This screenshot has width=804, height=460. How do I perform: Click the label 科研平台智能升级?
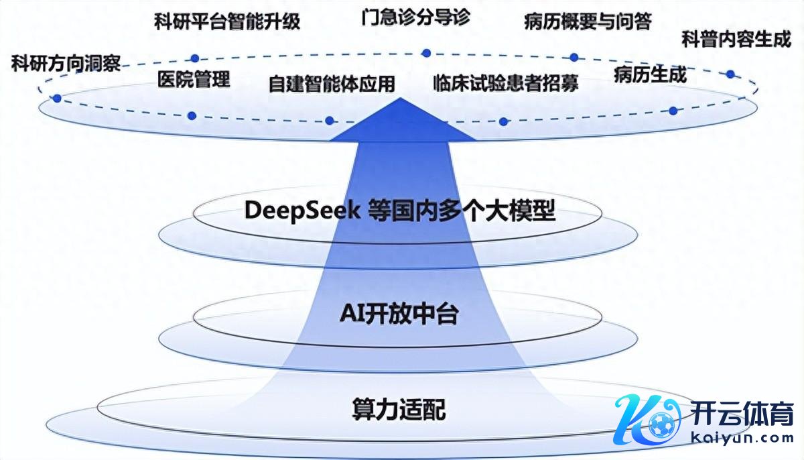(x=226, y=22)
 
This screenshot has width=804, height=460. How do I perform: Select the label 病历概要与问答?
(x=588, y=21)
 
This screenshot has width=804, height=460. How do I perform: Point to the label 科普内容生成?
(x=736, y=40)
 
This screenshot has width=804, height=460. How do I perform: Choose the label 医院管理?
(x=194, y=80)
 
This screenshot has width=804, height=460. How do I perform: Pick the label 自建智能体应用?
(x=332, y=84)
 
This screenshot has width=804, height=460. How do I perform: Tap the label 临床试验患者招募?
(x=505, y=83)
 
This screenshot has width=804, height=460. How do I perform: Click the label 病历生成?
(x=650, y=75)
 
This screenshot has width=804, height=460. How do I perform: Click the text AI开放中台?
(x=399, y=313)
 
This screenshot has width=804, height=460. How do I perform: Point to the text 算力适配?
(x=399, y=409)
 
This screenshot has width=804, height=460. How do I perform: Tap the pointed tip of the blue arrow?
(x=401, y=99)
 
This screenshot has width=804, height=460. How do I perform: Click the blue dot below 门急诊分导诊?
(x=425, y=52)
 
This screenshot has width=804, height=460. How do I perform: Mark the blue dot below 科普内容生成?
(x=730, y=74)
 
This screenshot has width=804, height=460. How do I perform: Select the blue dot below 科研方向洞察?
(x=57, y=99)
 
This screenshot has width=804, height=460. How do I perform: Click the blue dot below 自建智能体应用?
(x=329, y=121)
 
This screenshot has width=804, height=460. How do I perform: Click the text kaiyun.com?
(x=743, y=438)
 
